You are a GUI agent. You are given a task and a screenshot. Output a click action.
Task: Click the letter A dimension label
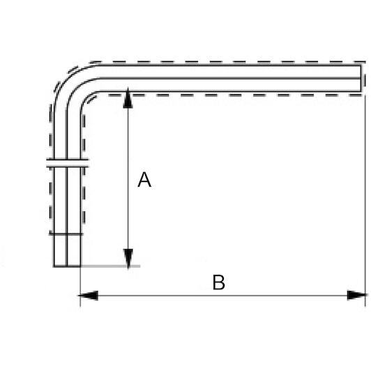[144, 180]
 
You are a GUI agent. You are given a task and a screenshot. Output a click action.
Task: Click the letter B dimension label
[219, 282]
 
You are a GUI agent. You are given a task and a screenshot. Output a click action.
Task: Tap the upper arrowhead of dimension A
[128, 98]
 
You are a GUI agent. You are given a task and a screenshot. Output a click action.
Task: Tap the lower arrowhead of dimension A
[128, 259]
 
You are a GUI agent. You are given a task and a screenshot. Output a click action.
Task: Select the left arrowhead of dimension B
[88, 296]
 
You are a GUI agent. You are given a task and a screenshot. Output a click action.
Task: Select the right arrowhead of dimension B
[357, 295]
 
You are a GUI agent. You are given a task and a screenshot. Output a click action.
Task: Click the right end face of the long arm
[361, 78]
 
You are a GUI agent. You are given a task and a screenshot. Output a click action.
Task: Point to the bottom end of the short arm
[68, 266]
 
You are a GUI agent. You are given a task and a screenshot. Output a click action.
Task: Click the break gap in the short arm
[68, 163]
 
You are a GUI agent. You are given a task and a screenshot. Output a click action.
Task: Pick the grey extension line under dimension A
[110, 266]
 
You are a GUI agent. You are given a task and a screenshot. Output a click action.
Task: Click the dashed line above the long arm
[228, 62]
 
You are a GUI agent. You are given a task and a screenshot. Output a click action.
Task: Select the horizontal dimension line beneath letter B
[222, 296]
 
